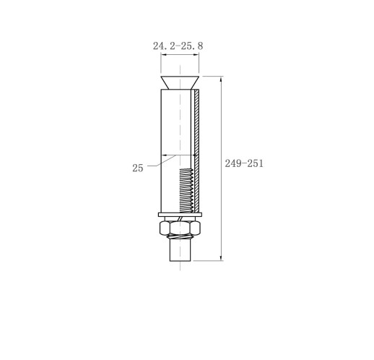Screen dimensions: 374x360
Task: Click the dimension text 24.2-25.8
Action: pos(178,46)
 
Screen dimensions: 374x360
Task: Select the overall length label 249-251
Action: pos(244,163)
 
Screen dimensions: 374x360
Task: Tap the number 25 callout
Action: pos(138,168)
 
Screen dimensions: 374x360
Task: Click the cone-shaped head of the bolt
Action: pos(180,82)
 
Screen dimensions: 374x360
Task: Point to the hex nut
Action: pos(180,228)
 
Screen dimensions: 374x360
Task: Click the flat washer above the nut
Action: pos(180,215)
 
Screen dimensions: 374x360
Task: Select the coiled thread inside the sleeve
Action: pos(186,190)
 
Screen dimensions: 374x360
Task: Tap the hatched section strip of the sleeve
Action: pos(197,151)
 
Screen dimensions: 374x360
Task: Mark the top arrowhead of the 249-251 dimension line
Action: pos(221,78)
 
